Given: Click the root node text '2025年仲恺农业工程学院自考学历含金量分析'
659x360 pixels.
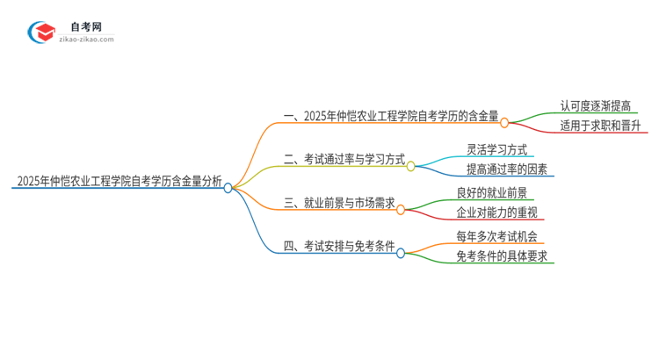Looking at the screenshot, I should point(118,183).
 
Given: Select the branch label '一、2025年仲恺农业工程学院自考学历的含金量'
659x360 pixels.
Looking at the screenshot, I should point(392,116).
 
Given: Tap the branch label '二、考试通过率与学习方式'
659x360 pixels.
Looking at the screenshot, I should point(344,160).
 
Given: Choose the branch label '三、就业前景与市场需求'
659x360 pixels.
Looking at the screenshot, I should point(338,204).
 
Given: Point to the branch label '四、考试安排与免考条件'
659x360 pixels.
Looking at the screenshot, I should point(338,248).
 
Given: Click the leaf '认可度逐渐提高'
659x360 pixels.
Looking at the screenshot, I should point(595,106).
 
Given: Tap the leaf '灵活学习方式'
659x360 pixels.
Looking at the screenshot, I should point(497,149).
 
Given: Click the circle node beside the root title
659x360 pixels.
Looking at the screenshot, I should point(228,187).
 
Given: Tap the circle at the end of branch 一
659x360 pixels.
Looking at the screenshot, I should point(504,123).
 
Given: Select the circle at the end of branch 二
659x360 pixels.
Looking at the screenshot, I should point(410,166).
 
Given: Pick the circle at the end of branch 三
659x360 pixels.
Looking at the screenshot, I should point(401,210).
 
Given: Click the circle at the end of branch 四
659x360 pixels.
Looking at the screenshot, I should point(401,253).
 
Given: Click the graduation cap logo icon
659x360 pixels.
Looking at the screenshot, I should point(42,33).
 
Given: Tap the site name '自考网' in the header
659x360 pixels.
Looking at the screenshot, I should point(91,27).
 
